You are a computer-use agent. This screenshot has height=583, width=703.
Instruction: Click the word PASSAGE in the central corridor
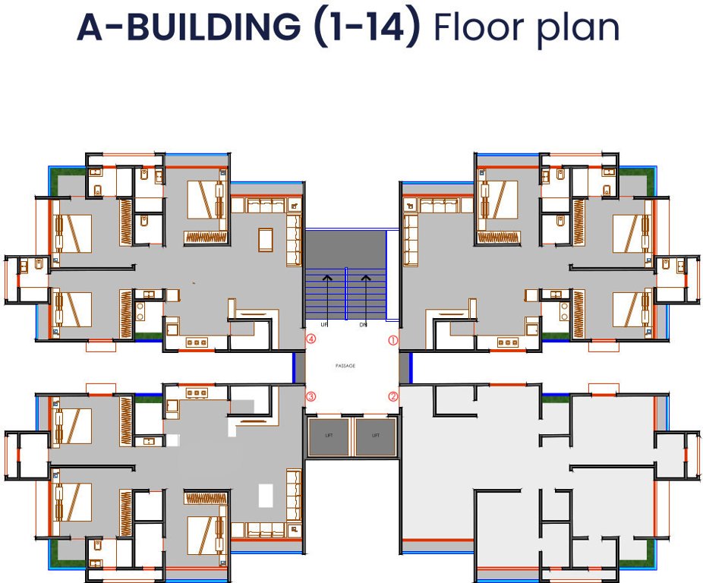[345, 366]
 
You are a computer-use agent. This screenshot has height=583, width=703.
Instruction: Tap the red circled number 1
[393, 341]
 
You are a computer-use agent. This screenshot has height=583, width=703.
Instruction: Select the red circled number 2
[393, 395]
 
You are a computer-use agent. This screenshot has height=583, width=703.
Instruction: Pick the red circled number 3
[311, 396]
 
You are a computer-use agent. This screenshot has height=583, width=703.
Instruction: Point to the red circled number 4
[311, 340]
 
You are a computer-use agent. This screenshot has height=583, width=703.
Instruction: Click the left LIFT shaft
[328, 437]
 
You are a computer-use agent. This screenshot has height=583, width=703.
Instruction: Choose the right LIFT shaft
[376, 437]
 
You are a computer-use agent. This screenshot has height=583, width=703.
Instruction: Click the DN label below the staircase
[363, 325]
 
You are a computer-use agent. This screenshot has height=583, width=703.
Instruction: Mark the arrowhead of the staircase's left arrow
[327, 278]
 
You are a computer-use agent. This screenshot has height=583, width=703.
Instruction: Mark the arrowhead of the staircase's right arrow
[365, 278]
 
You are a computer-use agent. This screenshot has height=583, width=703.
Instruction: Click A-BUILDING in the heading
[189, 27]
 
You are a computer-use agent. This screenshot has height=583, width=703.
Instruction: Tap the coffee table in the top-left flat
[266, 238]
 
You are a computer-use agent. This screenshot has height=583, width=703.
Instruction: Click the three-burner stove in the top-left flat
[197, 343]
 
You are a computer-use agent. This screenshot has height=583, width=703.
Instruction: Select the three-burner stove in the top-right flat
[507, 343]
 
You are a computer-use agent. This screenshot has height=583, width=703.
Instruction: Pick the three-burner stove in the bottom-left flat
[197, 392]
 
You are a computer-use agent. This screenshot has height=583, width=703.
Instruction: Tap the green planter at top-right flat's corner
[648, 181]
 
